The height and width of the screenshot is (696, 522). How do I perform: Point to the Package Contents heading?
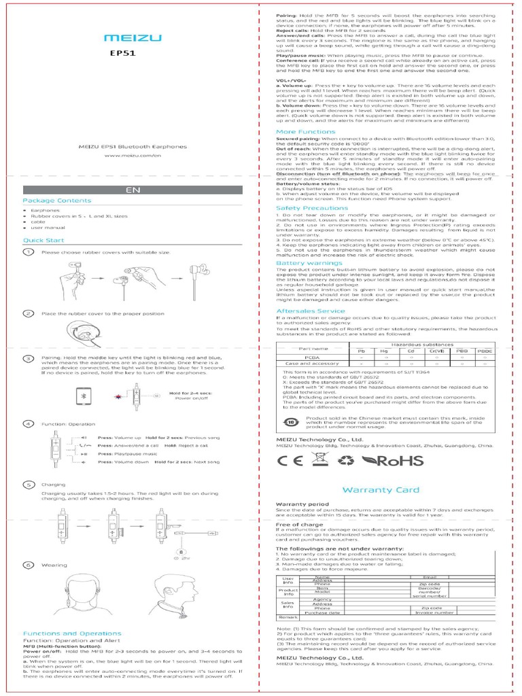click(x=56, y=201)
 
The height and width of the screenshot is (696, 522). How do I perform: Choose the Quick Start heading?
click(x=44, y=240)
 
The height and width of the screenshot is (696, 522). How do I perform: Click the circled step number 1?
click(x=29, y=252)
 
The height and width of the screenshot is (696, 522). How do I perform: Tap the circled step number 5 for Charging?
click(x=29, y=485)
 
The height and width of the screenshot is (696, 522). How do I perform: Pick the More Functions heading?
click(x=305, y=131)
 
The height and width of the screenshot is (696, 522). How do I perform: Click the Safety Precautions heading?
click(x=311, y=208)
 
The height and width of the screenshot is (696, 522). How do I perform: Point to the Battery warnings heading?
click(x=309, y=262)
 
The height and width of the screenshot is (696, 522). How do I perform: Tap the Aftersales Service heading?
click(x=311, y=311)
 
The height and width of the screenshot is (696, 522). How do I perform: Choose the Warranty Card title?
click(x=380, y=489)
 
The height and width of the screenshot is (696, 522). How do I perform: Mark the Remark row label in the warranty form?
click(x=288, y=616)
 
